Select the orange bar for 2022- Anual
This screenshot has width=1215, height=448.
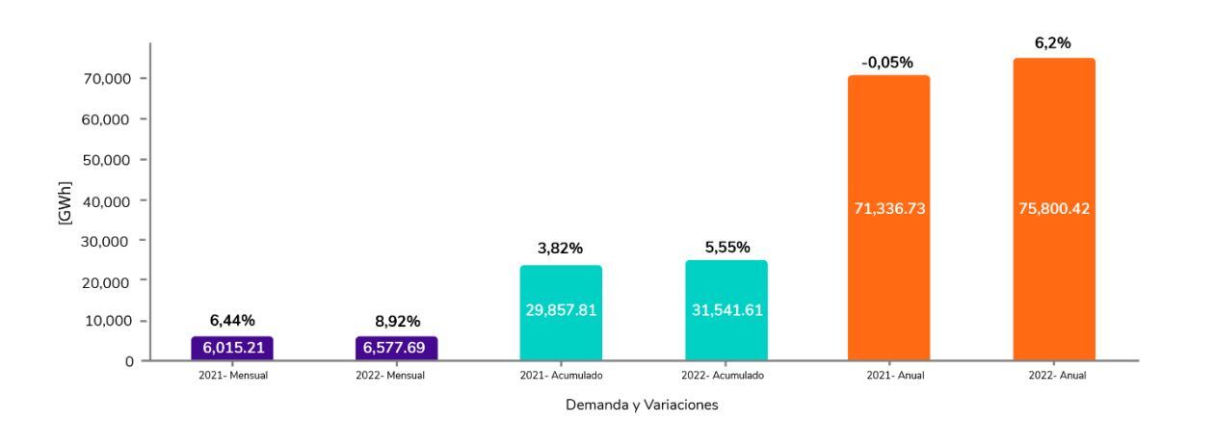coord(1053,209)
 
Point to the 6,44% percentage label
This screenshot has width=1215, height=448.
coord(232,321)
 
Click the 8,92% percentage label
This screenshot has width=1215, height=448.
coord(397,322)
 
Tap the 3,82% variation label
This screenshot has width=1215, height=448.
coord(560,249)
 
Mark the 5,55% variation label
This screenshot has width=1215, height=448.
coord(726,248)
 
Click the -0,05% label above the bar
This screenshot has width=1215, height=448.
coord(887,63)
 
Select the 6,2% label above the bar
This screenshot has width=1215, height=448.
coord(1053,44)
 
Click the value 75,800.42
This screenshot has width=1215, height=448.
coord(1053,209)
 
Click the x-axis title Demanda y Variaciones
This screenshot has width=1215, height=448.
coord(642,405)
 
